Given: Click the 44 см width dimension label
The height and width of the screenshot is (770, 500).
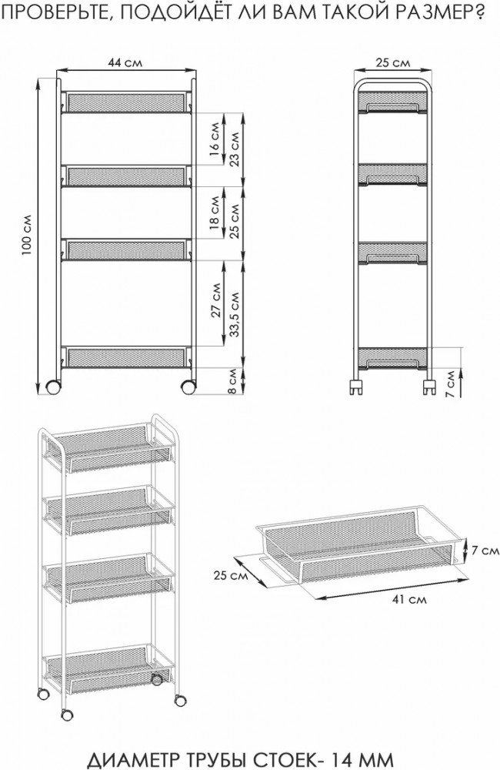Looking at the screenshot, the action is pyautogui.click(x=125, y=63).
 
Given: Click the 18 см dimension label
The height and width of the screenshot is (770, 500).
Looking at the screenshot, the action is pyautogui.click(x=215, y=213).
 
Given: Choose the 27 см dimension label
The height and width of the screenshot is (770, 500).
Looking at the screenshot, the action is pyautogui.click(x=216, y=300).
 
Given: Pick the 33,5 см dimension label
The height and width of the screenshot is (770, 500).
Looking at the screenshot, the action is pyautogui.click(x=235, y=315).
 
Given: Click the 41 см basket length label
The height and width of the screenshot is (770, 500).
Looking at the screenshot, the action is pyautogui.click(x=410, y=599).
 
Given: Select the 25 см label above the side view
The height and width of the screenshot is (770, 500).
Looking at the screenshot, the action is pyautogui.click(x=392, y=63).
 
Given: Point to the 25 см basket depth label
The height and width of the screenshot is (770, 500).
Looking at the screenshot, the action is pyautogui.click(x=231, y=574).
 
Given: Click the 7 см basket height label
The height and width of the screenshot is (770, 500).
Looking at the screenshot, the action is pyautogui.click(x=485, y=551).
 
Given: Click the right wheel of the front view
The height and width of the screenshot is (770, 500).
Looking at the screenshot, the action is pyautogui.click(x=188, y=387).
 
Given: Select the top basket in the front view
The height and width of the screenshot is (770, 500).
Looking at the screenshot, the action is pyautogui.click(x=125, y=102).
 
